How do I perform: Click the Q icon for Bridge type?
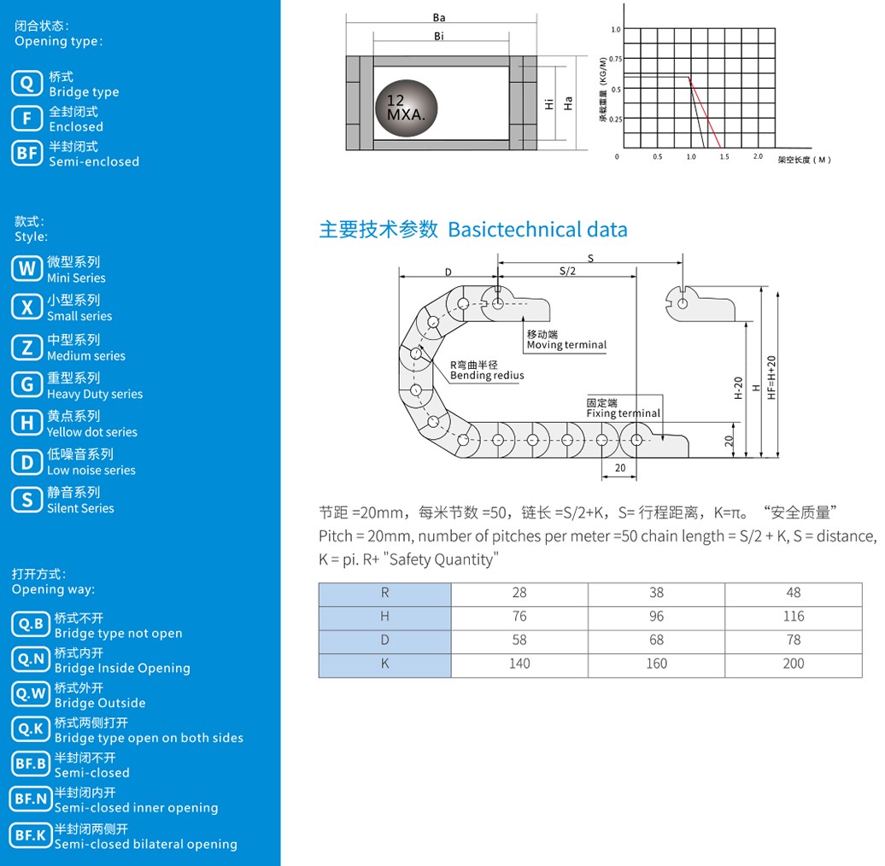tap(27, 83)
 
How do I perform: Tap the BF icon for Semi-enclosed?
tap(27, 153)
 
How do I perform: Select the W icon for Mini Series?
tap(26, 269)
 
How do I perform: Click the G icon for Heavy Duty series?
tap(26, 385)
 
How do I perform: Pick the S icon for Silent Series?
tap(26, 500)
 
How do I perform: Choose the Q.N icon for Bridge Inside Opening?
tap(32, 659)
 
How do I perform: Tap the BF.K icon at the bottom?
tap(32, 835)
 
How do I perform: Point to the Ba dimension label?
tap(439, 17)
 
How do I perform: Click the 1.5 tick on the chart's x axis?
tap(724, 157)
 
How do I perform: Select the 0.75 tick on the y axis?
tap(615, 59)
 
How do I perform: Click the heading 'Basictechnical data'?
tap(537, 230)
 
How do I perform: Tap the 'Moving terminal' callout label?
tap(566, 345)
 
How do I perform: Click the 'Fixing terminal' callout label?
tap(623, 413)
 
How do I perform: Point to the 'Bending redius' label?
tap(487, 375)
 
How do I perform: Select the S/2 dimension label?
tap(568, 271)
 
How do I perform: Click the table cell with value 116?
tap(793, 617)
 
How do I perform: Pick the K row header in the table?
tap(384, 664)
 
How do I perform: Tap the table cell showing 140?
tap(519, 664)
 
